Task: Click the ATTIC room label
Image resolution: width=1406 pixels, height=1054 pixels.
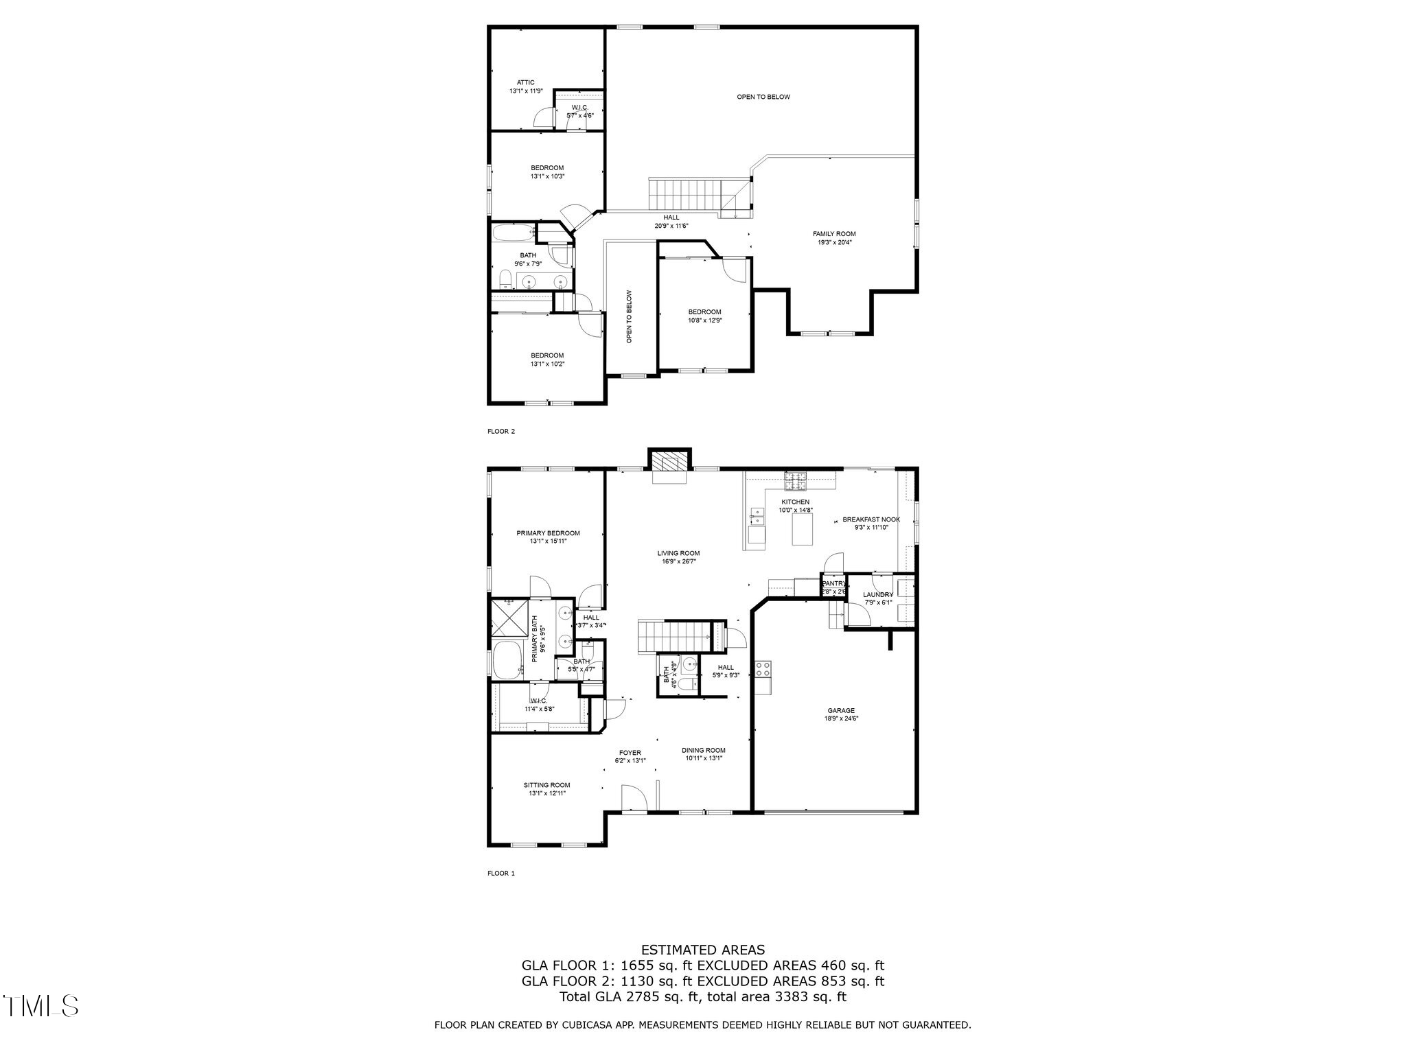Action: tap(526, 82)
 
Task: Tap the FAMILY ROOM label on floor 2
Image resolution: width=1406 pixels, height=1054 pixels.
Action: tap(834, 234)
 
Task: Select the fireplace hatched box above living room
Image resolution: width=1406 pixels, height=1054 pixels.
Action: tap(669, 460)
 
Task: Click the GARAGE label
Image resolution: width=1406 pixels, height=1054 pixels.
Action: tap(841, 710)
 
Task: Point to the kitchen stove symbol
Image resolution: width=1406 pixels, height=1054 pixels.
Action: tap(796, 481)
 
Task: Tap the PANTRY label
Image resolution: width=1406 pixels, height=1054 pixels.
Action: tap(833, 583)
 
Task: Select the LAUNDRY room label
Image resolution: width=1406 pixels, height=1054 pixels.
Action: tap(878, 594)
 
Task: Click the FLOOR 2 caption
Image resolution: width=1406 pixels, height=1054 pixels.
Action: tap(500, 432)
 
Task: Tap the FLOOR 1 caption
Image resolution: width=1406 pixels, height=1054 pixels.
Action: tap(500, 874)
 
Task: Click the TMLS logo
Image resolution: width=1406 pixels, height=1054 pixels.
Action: tap(41, 1006)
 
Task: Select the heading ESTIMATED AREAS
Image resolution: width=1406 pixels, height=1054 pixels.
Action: tap(702, 950)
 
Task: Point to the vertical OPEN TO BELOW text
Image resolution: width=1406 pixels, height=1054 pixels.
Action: tap(629, 316)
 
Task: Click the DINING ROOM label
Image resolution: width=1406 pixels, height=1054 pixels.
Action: tap(703, 750)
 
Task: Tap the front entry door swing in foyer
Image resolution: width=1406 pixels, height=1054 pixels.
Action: tap(634, 799)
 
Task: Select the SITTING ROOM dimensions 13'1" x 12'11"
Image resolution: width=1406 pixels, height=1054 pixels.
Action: tap(547, 793)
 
